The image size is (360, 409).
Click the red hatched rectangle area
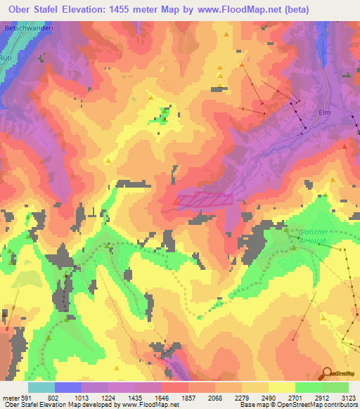click(x=203, y=200)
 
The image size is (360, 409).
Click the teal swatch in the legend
click(x=41, y=388)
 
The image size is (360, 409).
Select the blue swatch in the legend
click(x=67, y=388)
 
